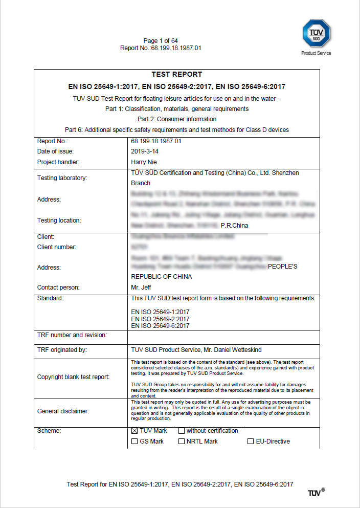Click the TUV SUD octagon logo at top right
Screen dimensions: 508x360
pyautogui.click(x=316, y=33)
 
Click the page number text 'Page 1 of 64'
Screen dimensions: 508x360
pyautogui.click(x=161, y=41)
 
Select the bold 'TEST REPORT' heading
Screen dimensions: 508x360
pyautogui.click(x=177, y=75)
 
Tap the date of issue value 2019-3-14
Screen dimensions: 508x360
pyautogui.click(x=145, y=151)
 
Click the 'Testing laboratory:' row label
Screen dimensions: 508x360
pyautogui.click(x=62, y=178)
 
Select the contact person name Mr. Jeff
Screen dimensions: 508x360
pyautogui.click(x=141, y=288)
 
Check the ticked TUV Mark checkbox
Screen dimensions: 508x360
pyautogui.click(x=134, y=431)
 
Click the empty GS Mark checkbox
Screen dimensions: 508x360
pyautogui.click(x=134, y=441)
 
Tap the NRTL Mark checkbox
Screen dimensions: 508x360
pyautogui.click(x=182, y=441)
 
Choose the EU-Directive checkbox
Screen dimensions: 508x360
pyautogui.click(x=251, y=441)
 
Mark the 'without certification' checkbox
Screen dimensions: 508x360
pyautogui.click(x=182, y=431)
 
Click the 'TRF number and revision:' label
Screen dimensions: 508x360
pyautogui.click(x=72, y=335)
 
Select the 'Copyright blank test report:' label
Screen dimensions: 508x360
pyautogui.click(x=73, y=377)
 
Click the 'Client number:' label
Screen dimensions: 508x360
pyautogui.click(x=57, y=247)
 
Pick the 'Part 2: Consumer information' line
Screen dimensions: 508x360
pyautogui.click(x=177, y=119)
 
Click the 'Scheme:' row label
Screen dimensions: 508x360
pyautogui.click(x=49, y=431)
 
